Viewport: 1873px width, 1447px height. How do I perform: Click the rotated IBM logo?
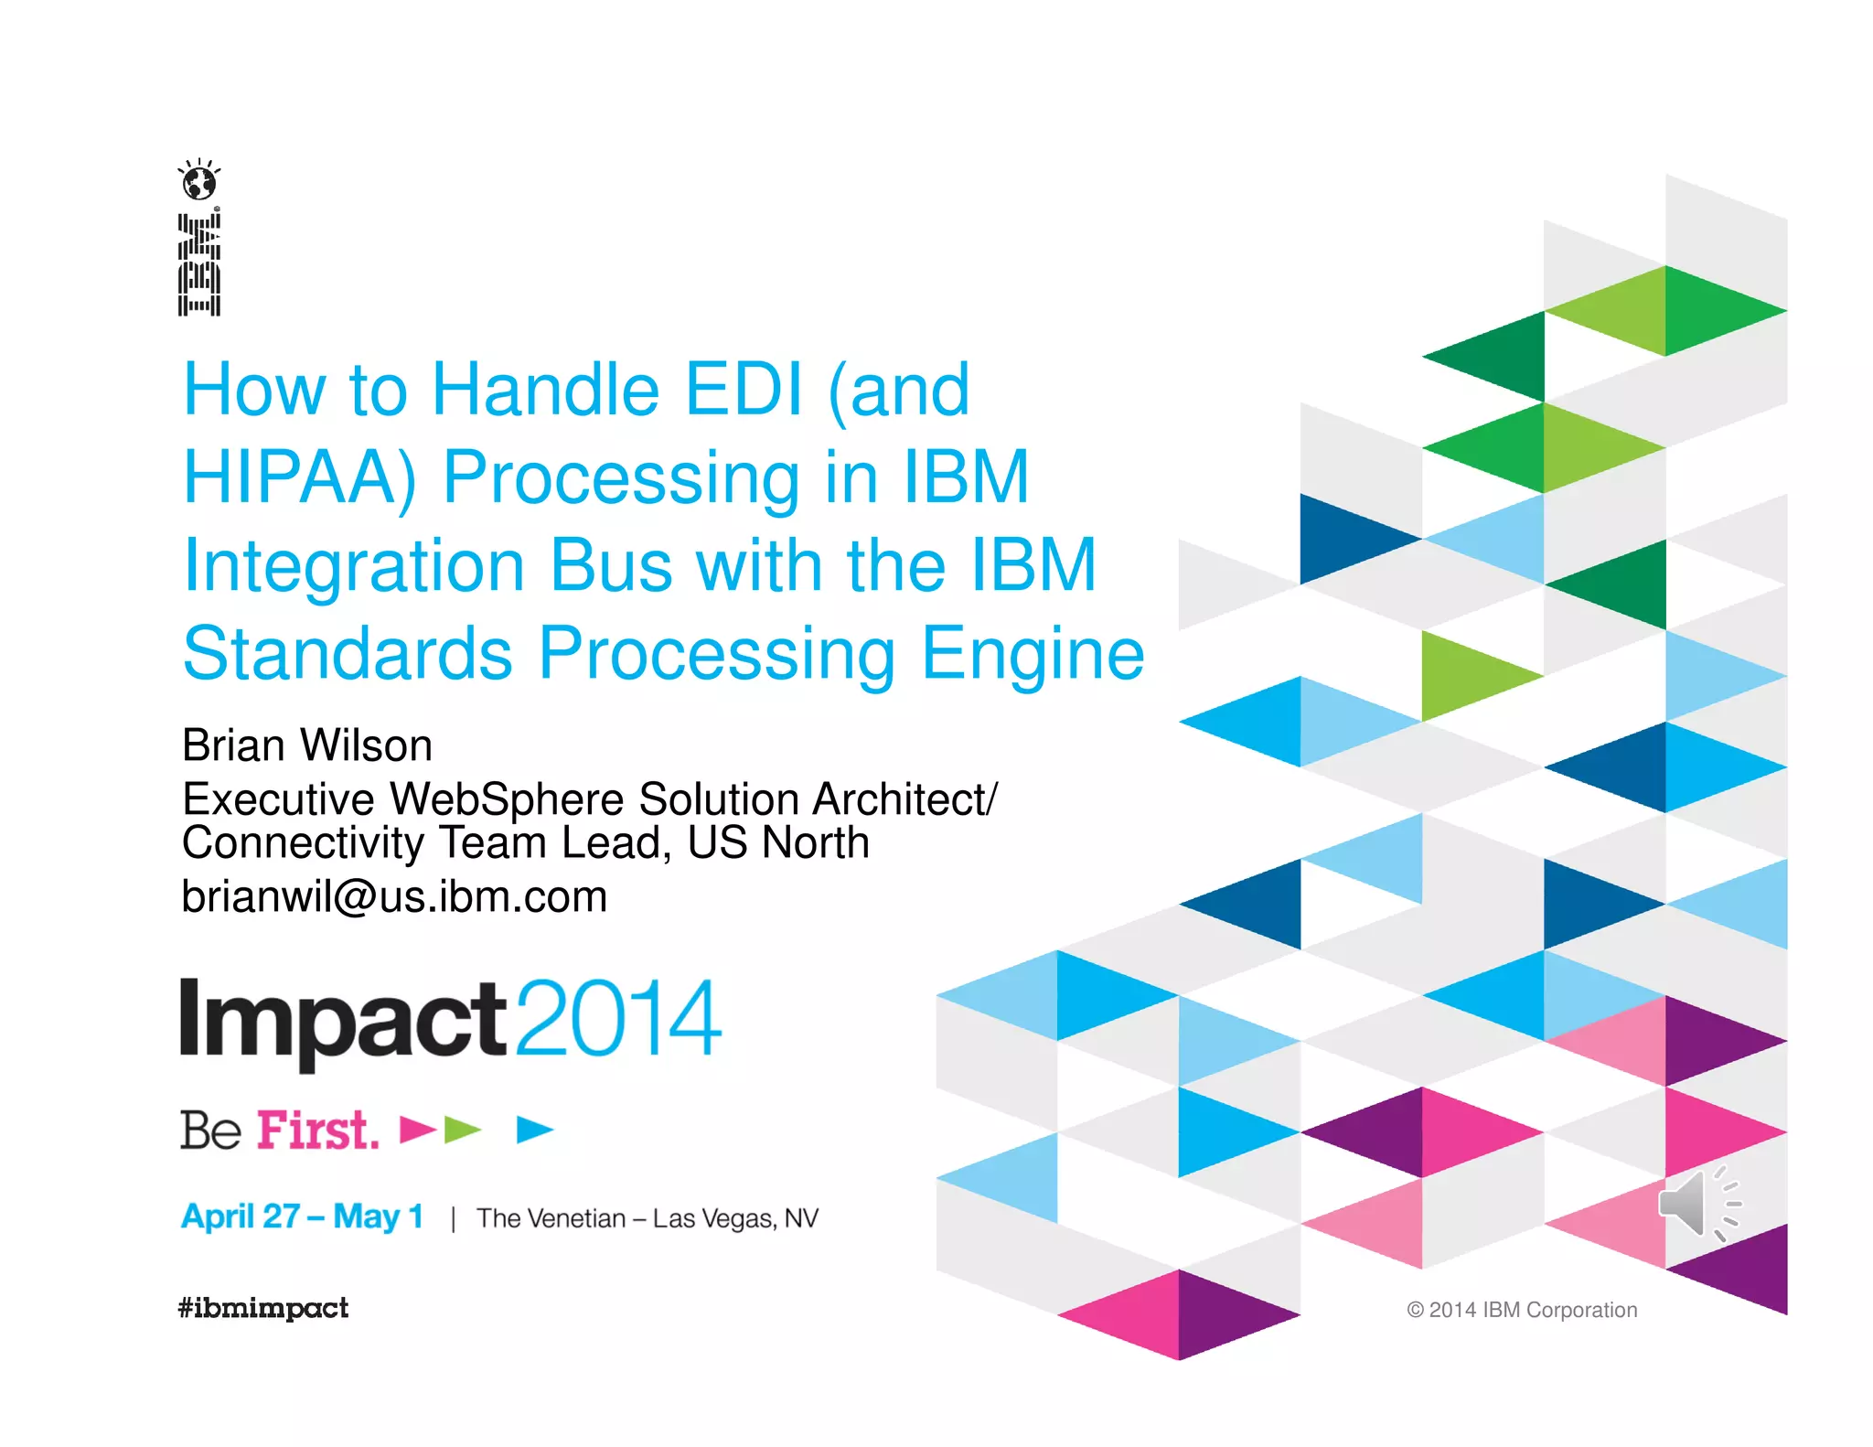tap(199, 264)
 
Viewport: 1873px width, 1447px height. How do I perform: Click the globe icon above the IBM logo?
tap(199, 181)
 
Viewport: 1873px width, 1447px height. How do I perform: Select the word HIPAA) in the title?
tap(300, 477)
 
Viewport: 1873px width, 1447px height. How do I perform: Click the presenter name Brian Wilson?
tap(307, 745)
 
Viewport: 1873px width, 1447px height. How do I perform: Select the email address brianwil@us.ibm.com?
tap(394, 896)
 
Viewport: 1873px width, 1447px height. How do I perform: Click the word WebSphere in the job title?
tap(507, 799)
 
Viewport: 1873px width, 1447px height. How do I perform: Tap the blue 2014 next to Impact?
tap(619, 1018)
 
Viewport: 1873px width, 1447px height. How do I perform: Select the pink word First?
tap(316, 1131)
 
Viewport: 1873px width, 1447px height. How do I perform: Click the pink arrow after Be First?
tap(418, 1131)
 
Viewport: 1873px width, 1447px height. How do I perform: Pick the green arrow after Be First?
tap(462, 1131)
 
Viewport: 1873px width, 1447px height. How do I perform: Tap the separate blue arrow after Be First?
tap(535, 1131)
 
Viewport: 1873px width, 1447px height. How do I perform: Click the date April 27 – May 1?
tap(302, 1217)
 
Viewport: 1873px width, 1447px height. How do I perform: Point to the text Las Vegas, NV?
tap(735, 1219)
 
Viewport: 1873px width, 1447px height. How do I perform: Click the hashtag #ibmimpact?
tap(263, 1308)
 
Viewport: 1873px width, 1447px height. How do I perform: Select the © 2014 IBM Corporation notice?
tap(1522, 1310)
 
